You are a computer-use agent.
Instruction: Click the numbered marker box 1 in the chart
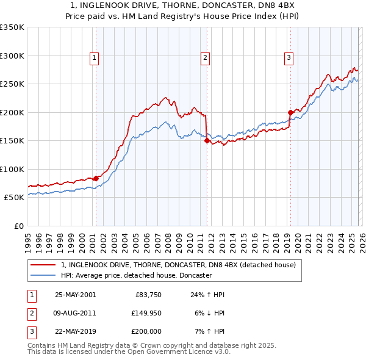[x=95, y=58]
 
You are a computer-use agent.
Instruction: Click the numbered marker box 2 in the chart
[x=205, y=58]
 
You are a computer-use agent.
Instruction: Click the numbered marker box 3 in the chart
[x=288, y=58]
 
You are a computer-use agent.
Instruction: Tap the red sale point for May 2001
[x=96, y=178]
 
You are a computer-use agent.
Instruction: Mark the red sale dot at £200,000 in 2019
[x=290, y=112]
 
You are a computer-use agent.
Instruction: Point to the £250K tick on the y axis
[x=12, y=84]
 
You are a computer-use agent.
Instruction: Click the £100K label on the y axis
[x=12, y=169]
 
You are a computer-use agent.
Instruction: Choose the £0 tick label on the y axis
[x=18, y=226]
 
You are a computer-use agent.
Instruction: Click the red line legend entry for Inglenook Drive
[x=178, y=265]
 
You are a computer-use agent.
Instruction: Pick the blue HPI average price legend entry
[x=136, y=276]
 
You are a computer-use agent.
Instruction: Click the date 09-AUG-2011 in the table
[x=75, y=313]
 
